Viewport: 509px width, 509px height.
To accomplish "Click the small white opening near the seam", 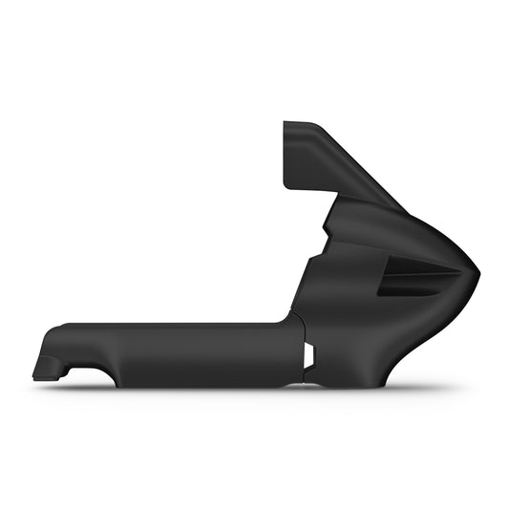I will tap(308, 355).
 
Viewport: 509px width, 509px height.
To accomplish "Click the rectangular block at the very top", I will tap(306, 153).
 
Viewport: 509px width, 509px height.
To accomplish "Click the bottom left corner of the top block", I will tap(286, 185).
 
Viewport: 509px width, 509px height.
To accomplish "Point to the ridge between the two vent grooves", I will tap(420, 276).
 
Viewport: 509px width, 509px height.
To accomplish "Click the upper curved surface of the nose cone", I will tap(420, 224).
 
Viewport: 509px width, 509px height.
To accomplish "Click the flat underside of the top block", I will tap(308, 189).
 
